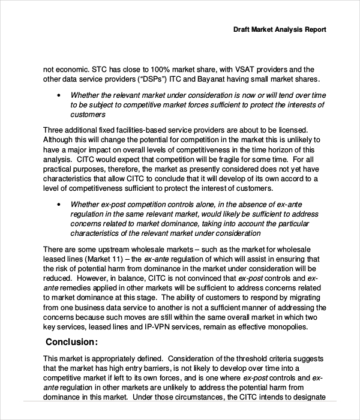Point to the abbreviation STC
pos(97,70)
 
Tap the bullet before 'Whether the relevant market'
pos(58,95)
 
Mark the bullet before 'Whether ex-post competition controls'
pos(58,204)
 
